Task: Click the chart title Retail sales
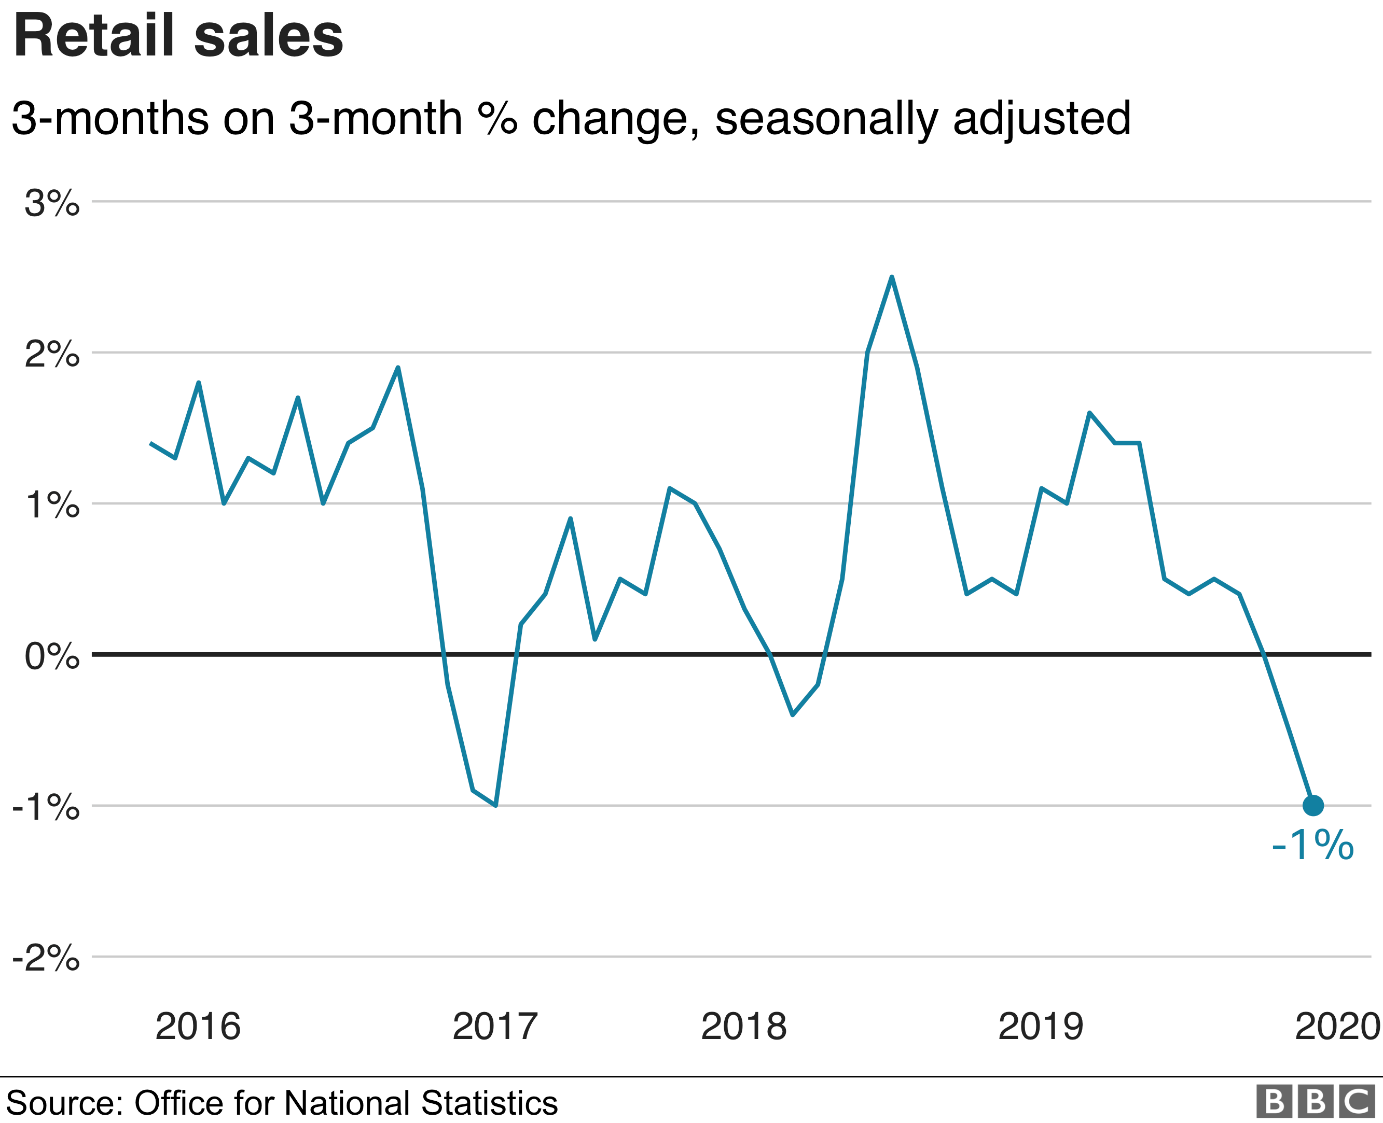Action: click(x=178, y=36)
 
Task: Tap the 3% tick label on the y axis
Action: click(x=52, y=203)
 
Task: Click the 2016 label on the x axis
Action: click(x=198, y=1027)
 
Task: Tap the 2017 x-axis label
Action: click(x=495, y=1027)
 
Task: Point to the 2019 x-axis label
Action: click(x=1041, y=1027)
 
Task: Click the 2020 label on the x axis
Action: click(x=1337, y=1027)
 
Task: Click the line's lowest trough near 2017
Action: click(x=495, y=805)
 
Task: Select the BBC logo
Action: click(x=1316, y=1102)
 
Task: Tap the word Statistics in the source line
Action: click(x=489, y=1102)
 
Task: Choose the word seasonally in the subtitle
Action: click(x=826, y=119)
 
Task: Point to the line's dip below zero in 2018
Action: click(x=793, y=714)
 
